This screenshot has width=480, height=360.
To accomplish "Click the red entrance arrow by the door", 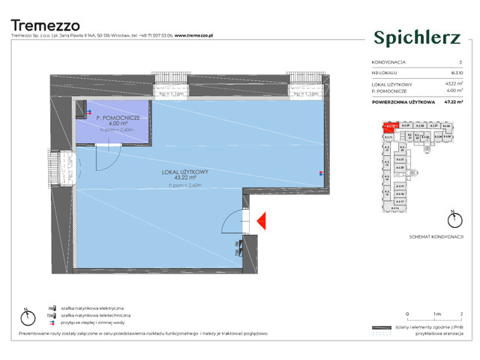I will (261, 220).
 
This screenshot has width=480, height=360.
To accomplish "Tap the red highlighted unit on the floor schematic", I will (389, 127).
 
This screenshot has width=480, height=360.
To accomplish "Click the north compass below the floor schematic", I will (454, 219).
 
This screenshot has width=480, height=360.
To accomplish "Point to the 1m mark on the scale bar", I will (433, 313).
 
